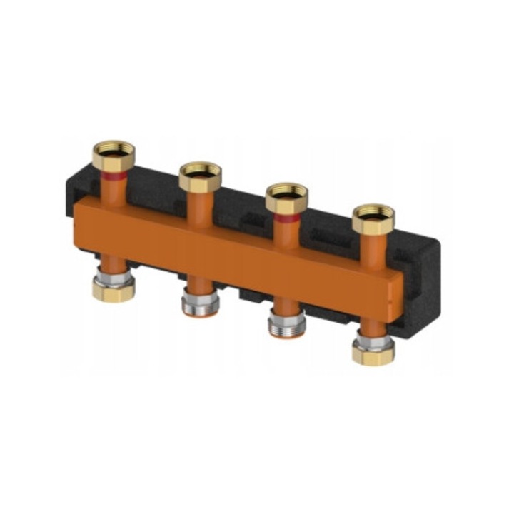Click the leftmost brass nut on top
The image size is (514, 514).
[x=114, y=156]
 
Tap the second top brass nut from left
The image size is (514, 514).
[x=199, y=177]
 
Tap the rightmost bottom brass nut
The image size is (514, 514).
[x=373, y=353]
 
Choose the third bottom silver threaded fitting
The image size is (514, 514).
[x=286, y=327]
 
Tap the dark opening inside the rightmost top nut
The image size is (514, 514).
[x=373, y=213]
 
